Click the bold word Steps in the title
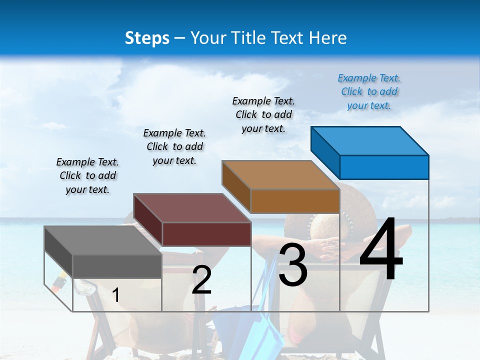click(147, 38)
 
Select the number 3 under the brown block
click(293, 265)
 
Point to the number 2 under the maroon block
click(201, 280)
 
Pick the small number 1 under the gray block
click(115, 295)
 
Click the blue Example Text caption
click(369, 91)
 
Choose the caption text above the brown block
click(263, 114)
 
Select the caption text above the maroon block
click(174, 146)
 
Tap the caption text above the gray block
click(87, 175)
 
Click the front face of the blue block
click(384, 167)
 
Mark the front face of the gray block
click(117, 266)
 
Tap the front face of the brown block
click(295, 201)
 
